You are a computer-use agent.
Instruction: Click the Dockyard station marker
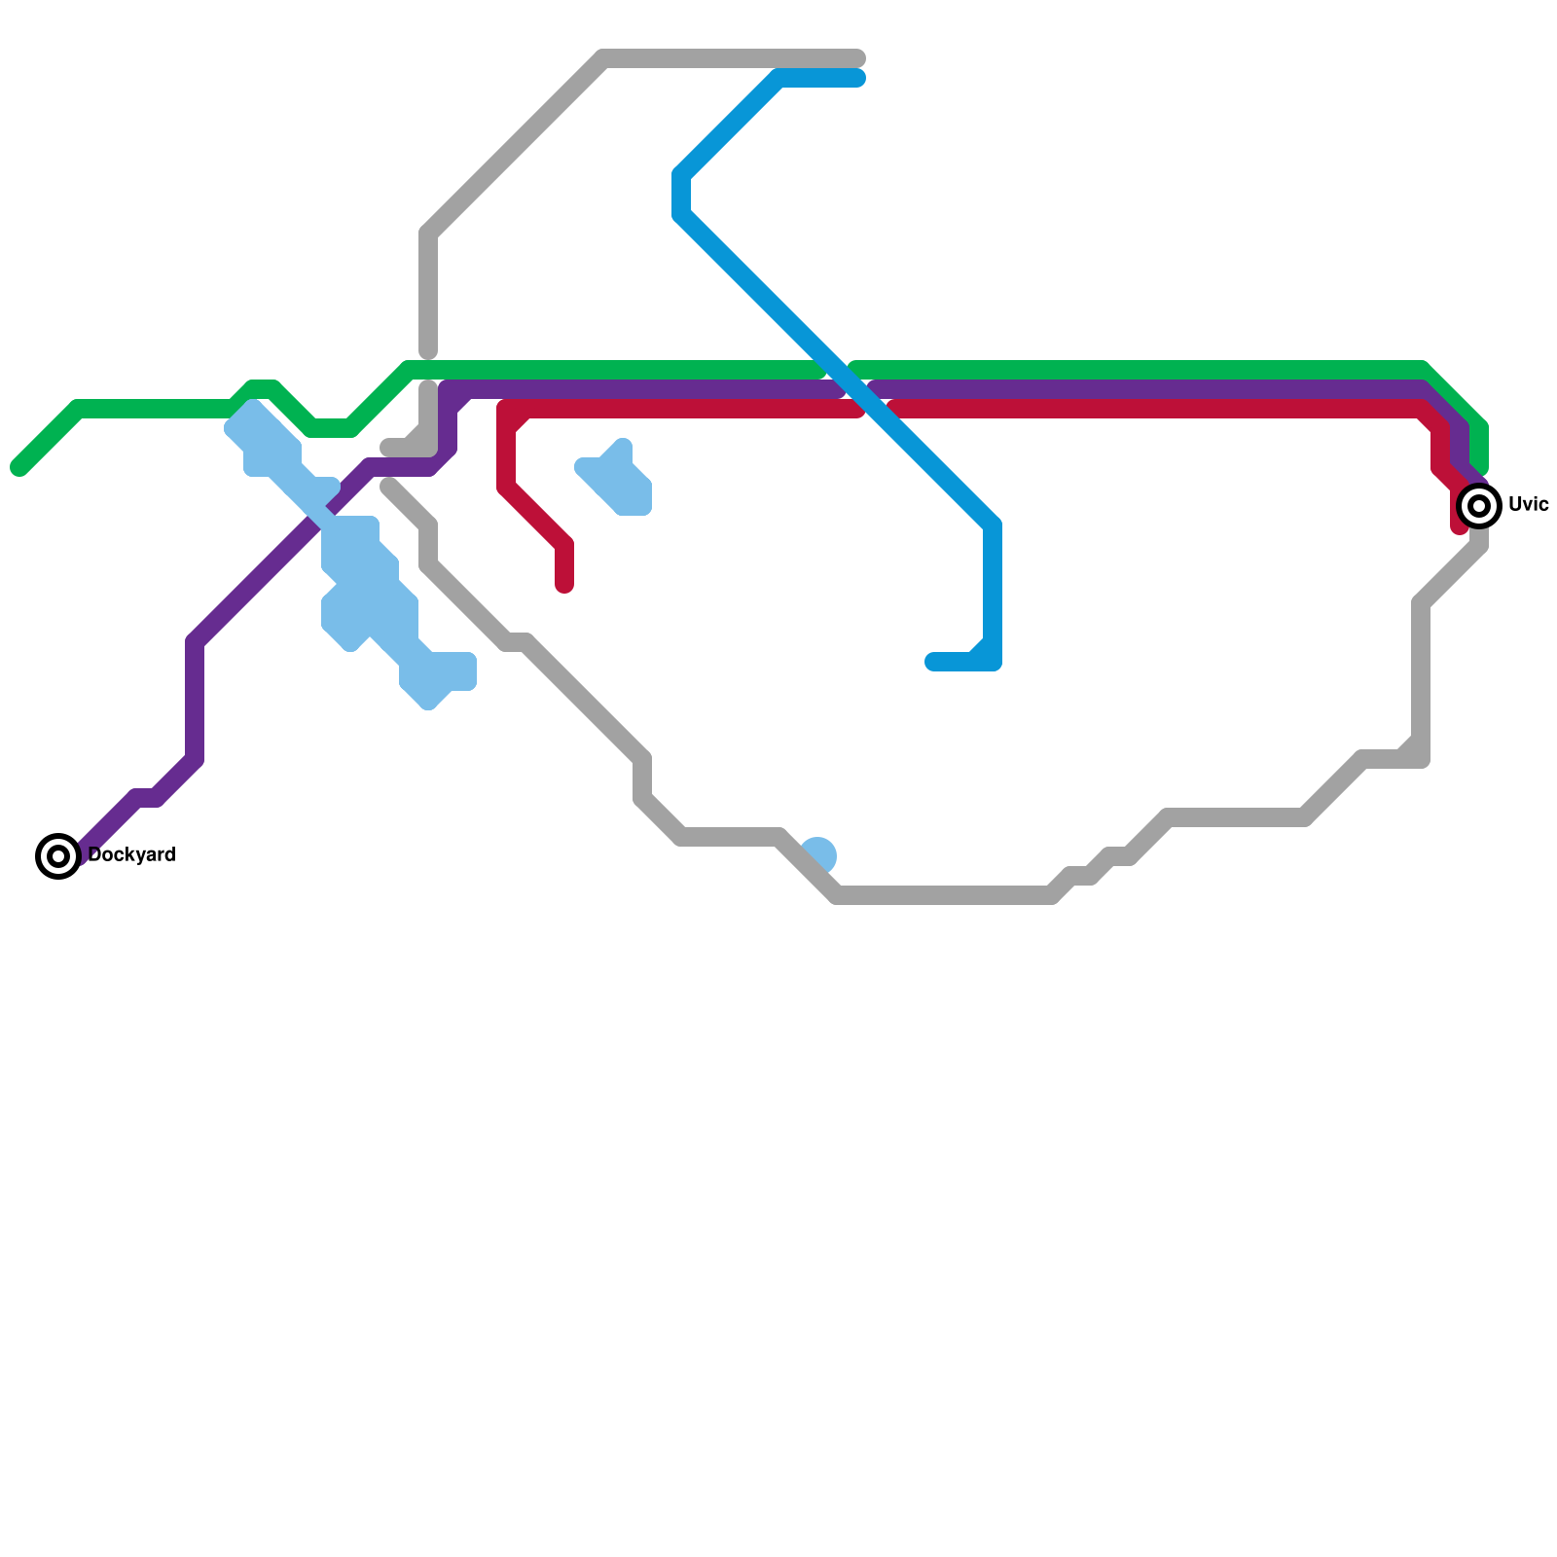click(x=58, y=855)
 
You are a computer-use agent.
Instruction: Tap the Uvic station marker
click(x=1479, y=505)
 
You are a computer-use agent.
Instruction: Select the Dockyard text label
click(x=131, y=855)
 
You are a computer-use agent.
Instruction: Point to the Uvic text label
click(x=1528, y=504)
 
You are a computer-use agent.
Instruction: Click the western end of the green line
click(x=18, y=468)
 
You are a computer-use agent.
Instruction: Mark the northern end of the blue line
click(x=858, y=78)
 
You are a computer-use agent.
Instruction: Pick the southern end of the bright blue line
click(x=932, y=663)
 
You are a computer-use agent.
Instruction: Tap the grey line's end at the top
click(x=858, y=58)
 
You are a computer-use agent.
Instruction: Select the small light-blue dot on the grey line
click(x=820, y=853)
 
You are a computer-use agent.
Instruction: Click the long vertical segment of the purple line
click(x=195, y=701)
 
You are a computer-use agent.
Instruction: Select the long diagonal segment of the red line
click(x=535, y=516)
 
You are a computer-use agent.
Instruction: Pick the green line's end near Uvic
click(x=1479, y=469)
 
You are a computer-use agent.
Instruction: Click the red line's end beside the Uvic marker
click(x=1459, y=528)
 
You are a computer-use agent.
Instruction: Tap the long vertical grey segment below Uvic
click(x=1421, y=681)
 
